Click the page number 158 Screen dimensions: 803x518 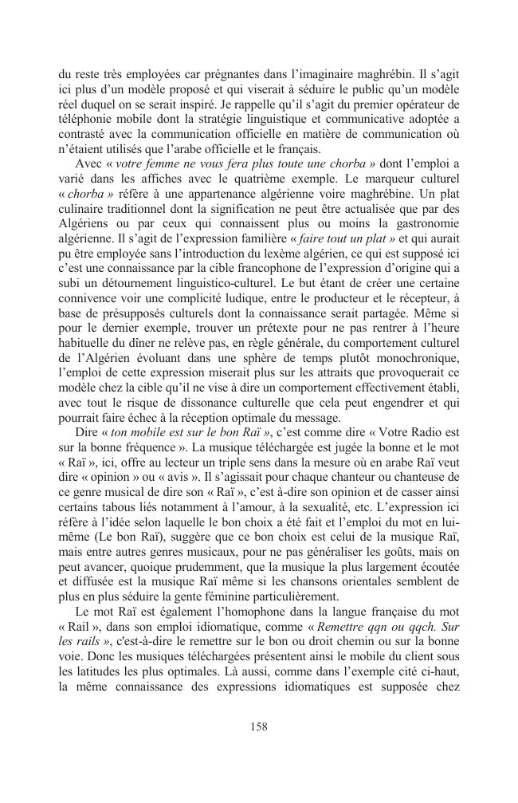click(x=258, y=726)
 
